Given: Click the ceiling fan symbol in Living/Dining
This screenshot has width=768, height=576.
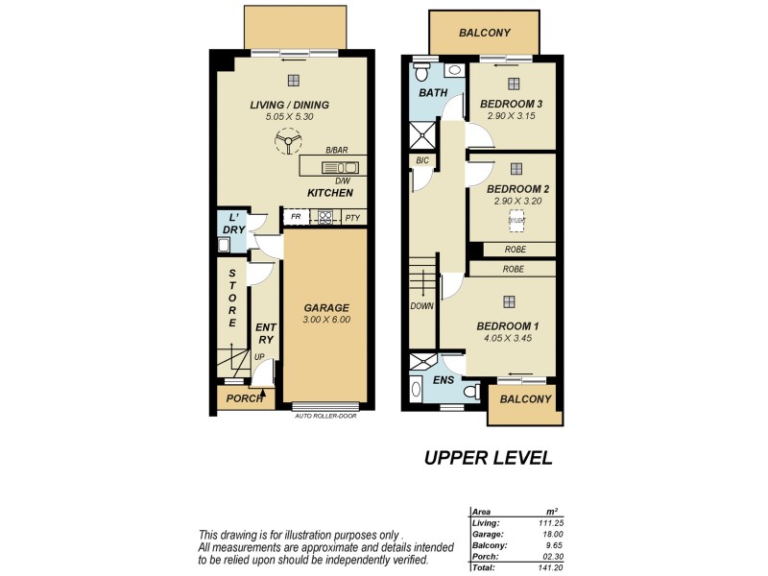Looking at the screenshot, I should (286, 144).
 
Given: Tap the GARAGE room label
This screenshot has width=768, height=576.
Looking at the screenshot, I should (325, 308).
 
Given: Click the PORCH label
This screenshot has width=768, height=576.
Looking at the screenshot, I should (244, 398).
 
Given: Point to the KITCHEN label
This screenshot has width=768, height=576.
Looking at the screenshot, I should (330, 193).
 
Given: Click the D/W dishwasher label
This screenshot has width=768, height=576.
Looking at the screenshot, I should (342, 180).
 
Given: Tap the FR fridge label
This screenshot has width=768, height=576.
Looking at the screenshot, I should (296, 217).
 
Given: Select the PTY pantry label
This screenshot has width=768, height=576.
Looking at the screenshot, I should (352, 217).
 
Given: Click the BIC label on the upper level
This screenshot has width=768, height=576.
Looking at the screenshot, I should (421, 160).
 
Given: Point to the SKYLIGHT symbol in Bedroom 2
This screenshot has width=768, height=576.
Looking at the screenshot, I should (516, 220).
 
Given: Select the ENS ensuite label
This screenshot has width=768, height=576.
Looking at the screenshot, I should (444, 381).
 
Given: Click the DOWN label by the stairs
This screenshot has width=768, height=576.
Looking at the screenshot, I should (422, 306).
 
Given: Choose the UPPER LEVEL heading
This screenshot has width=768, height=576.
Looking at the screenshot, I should (488, 458).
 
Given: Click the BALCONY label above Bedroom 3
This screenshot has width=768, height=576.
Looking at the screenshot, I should (484, 34).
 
